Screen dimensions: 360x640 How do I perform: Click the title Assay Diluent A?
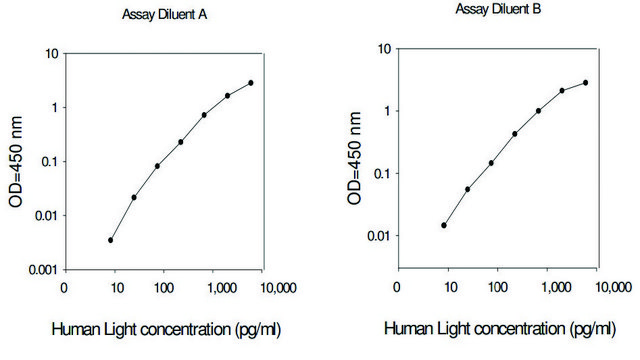coord(169,15)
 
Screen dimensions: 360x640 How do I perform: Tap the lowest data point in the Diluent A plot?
coord(110,240)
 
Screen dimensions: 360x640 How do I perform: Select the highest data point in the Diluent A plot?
coord(251,83)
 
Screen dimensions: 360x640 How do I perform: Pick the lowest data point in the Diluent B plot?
coord(444,225)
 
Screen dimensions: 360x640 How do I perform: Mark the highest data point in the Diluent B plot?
coord(585,83)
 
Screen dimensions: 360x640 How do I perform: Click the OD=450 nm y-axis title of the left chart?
coord(16,160)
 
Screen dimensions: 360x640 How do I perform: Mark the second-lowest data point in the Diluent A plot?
coord(133,197)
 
